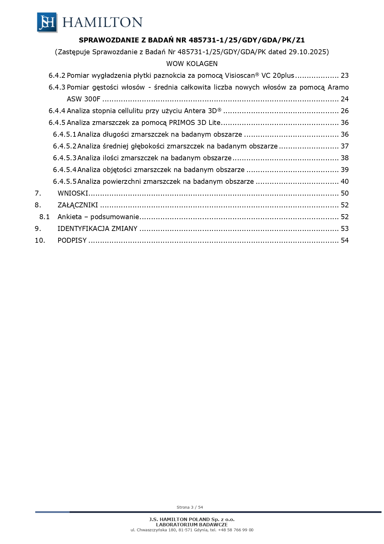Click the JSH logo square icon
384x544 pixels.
point(47,22)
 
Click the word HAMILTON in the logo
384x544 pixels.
point(102,22)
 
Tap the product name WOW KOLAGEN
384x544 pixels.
point(192,64)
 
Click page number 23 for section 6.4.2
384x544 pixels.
point(344,75)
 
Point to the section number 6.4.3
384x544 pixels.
point(57,87)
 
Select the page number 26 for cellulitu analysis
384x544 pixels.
point(344,111)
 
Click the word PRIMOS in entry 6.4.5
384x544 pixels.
point(180,122)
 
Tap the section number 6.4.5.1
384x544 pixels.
point(64,134)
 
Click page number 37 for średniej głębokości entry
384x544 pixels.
point(344,146)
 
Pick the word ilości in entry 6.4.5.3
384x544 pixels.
point(110,158)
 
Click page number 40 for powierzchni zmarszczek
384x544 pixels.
point(344,181)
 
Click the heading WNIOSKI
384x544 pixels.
point(73,193)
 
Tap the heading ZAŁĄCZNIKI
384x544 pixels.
point(78,205)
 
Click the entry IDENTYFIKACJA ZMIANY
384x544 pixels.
point(97,228)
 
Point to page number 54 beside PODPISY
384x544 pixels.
point(344,240)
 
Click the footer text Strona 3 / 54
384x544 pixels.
point(190,507)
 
